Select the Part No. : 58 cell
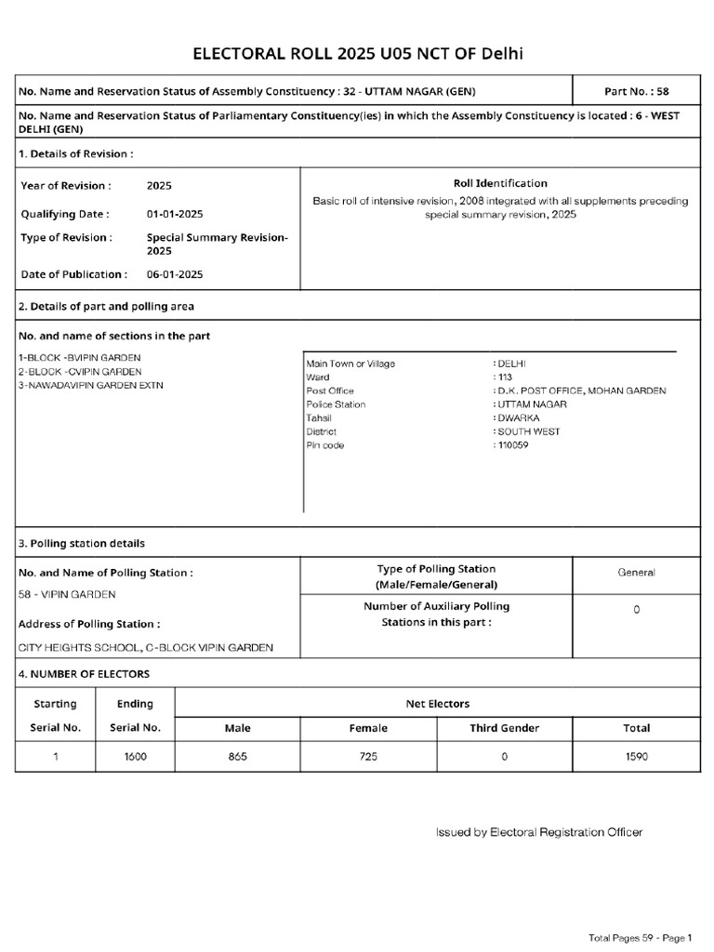pos(636,92)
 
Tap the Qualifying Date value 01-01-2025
pos(175,214)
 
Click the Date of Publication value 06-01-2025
pos(175,274)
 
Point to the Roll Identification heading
pos(499,183)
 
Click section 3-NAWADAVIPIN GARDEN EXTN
pos(90,385)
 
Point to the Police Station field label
pos(336,404)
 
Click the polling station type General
pos(636,573)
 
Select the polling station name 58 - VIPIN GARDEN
pos(67,594)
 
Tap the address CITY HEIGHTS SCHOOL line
pos(146,648)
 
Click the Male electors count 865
pos(237,757)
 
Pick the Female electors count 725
pos(368,757)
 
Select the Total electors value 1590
pos(636,757)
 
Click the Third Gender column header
pos(504,728)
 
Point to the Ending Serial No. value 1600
pos(135,757)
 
